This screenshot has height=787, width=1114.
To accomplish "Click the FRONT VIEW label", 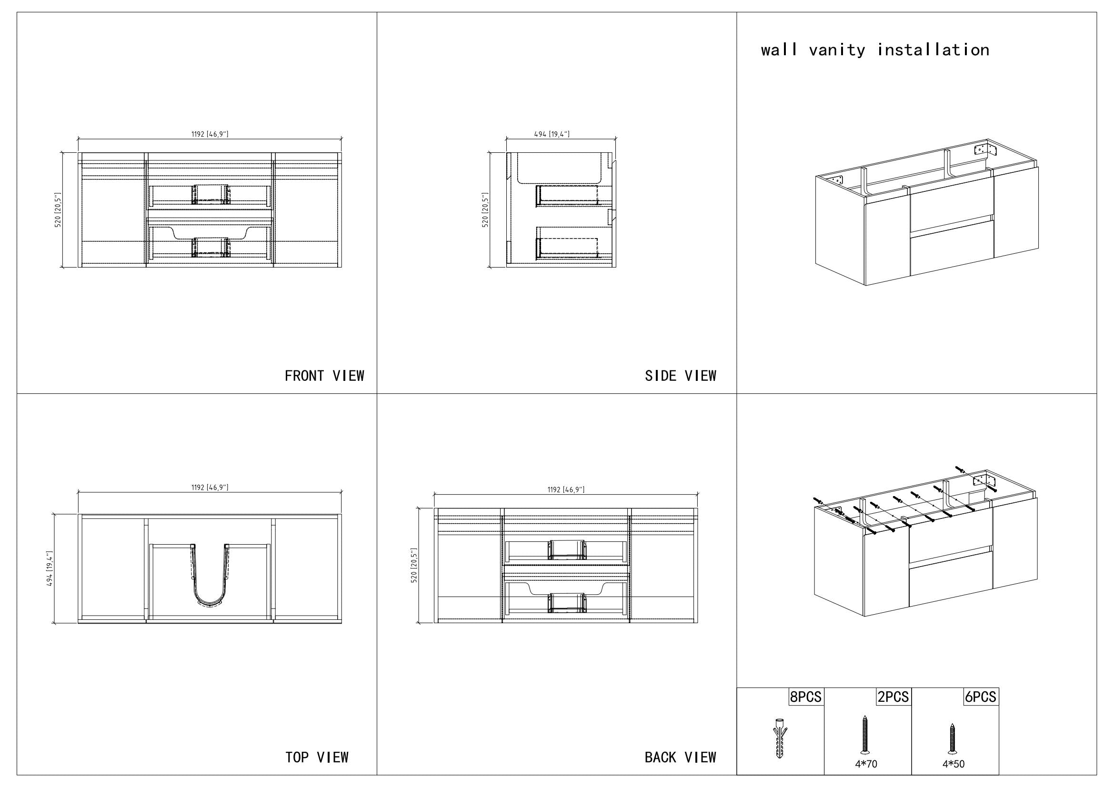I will (x=324, y=376).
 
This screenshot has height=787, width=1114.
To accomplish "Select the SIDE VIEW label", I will (x=680, y=376).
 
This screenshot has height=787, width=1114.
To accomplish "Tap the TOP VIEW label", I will (x=317, y=757).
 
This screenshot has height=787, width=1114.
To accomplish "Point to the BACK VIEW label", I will (x=680, y=757).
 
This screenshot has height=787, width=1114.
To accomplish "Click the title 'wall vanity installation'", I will (x=875, y=50).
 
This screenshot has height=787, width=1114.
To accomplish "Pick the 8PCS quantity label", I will (x=806, y=697).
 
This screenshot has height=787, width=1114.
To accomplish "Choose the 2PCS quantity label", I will (x=893, y=697).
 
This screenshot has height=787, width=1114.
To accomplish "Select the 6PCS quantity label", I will (x=981, y=697).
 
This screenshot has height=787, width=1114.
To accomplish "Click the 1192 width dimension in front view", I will (x=210, y=134).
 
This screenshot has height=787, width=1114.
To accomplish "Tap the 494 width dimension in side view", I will (x=552, y=134).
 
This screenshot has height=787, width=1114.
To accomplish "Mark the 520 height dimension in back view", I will (x=414, y=566).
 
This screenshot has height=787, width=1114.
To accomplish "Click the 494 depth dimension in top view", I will (x=50, y=569).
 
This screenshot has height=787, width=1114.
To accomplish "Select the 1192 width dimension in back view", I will (x=566, y=490).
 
